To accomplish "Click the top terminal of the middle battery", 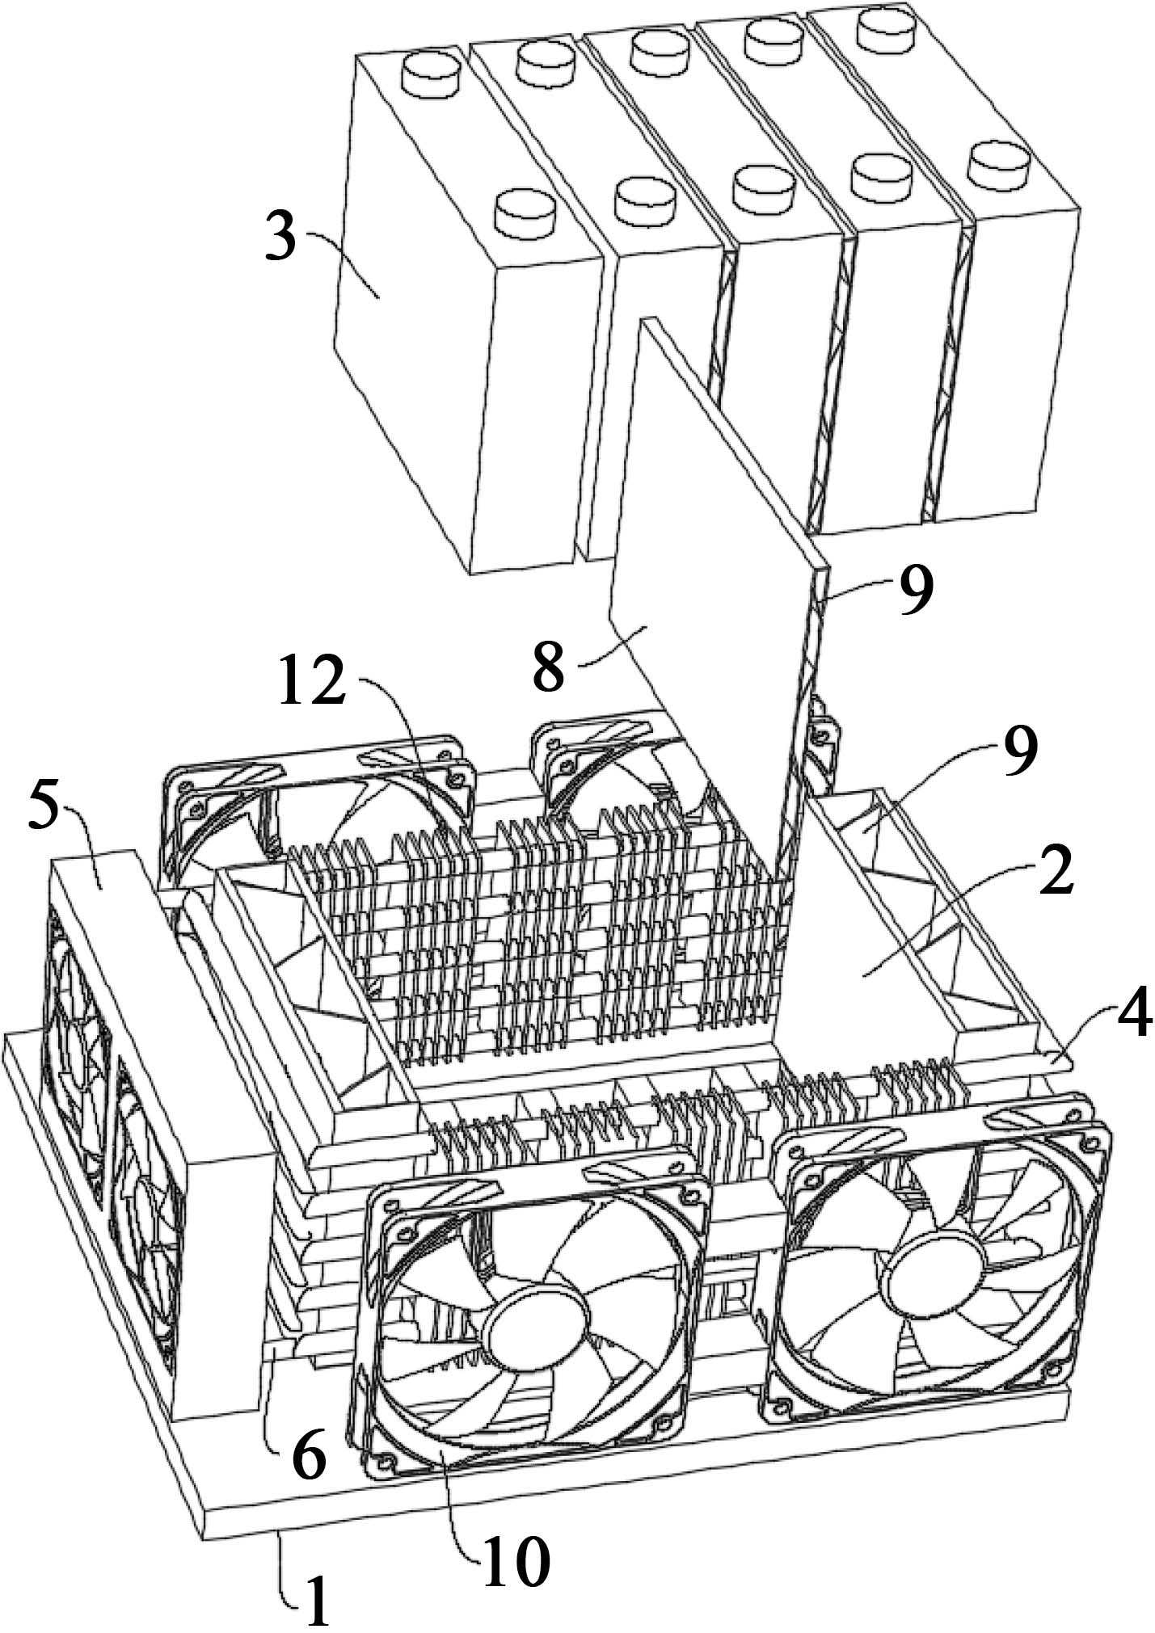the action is [661, 50].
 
